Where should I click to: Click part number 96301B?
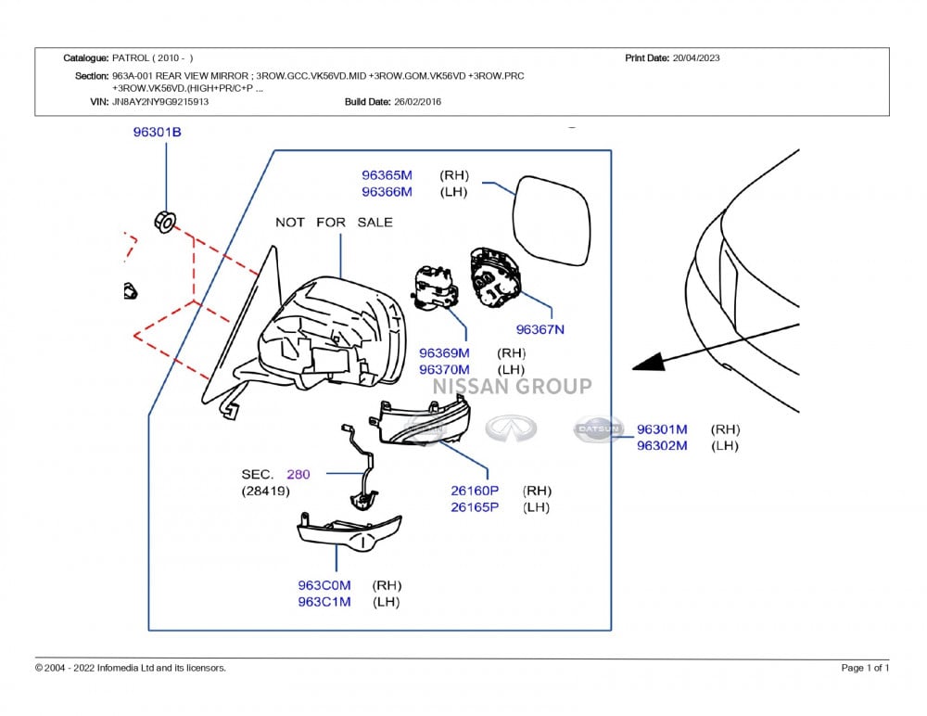157,133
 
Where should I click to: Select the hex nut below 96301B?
164,222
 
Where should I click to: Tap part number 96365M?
387,174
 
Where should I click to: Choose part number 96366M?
387,192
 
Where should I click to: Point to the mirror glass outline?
552,220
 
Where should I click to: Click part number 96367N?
540,329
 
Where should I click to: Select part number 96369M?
444,352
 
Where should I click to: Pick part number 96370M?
444,369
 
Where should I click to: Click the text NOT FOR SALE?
334,223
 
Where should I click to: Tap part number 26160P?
475,490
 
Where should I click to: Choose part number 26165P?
475,507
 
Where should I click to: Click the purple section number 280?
298,474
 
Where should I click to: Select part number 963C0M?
324,585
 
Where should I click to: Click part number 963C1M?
324,602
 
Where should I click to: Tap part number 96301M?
662,429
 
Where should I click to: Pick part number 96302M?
662,446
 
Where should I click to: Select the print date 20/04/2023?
696,58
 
